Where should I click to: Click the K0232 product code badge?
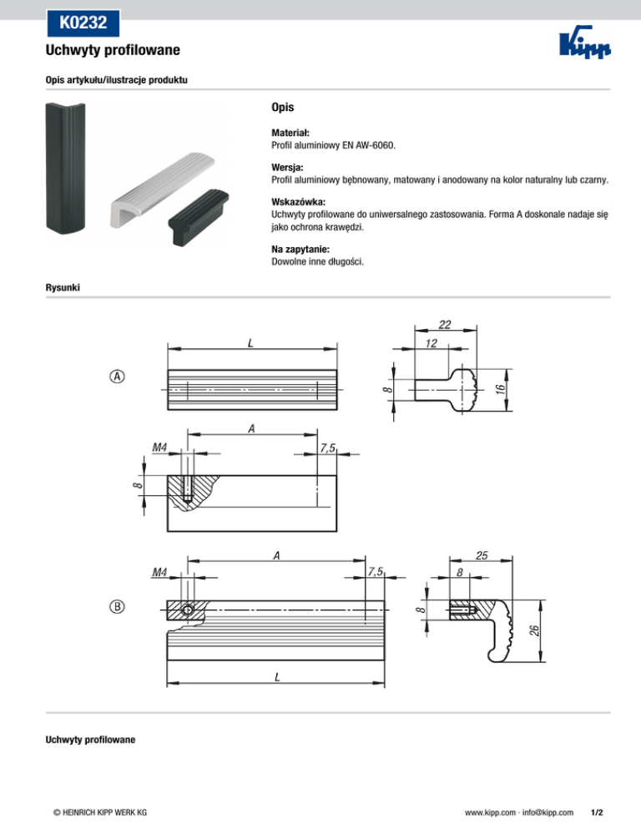[x=83, y=23]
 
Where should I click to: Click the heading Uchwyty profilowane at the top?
[x=113, y=50]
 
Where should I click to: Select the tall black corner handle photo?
[x=66, y=167]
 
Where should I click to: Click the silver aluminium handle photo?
[x=162, y=190]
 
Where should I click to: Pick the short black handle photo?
[x=199, y=216]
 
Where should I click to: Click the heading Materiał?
[x=290, y=133]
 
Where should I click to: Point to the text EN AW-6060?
[x=368, y=145]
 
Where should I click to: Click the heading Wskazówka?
[x=299, y=202]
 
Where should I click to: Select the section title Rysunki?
[x=63, y=287]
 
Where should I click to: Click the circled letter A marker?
[x=117, y=377]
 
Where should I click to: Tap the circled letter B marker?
[x=117, y=606]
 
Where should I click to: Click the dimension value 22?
[x=445, y=325]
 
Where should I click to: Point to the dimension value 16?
[x=500, y=390]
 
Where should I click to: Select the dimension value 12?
[x=431, y=343]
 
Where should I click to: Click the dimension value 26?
[x=534, y=630]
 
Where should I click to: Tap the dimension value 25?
[x=482, y=555]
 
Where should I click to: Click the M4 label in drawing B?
[x=159, y=572]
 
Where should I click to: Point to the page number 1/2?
[x=597, y=812]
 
